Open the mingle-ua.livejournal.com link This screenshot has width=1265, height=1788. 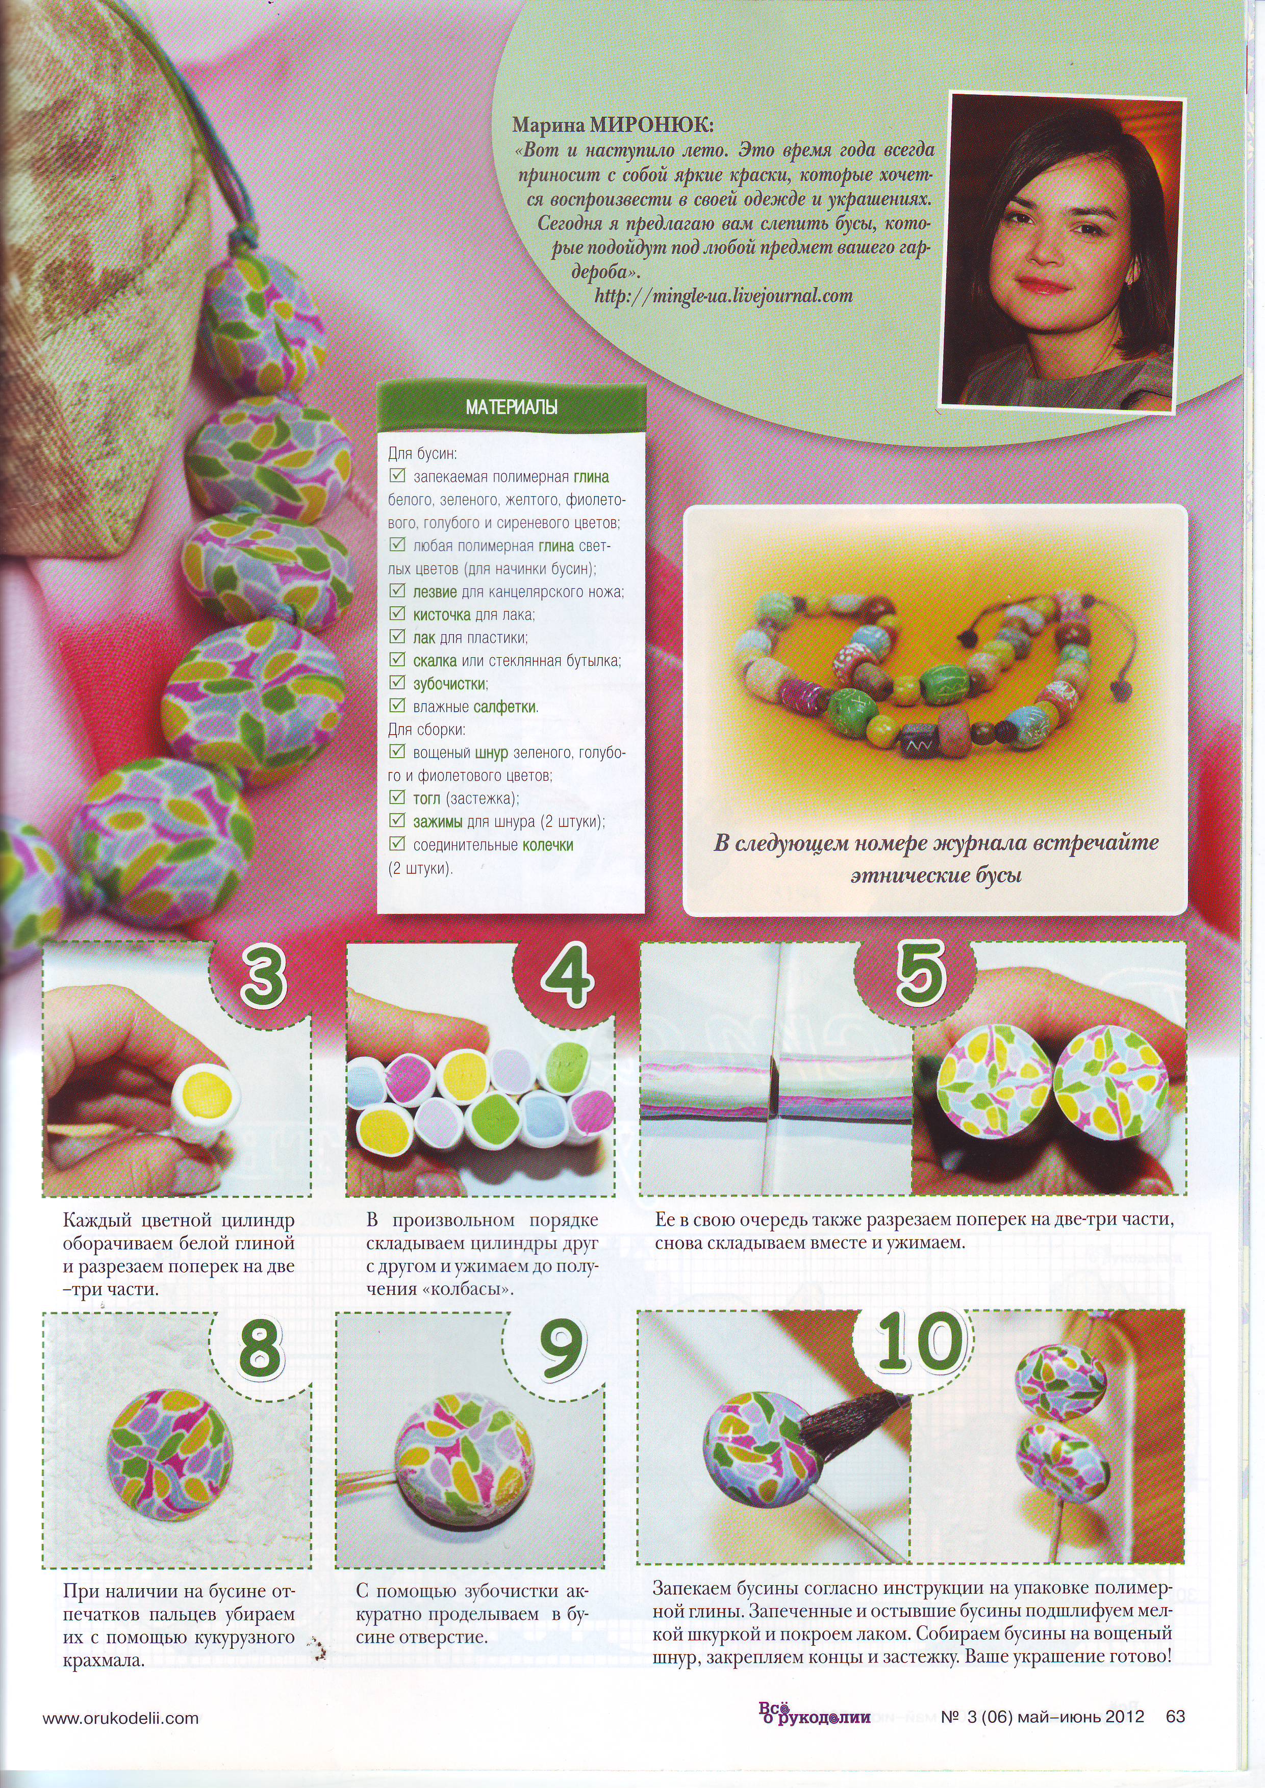tap(724, 296)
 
